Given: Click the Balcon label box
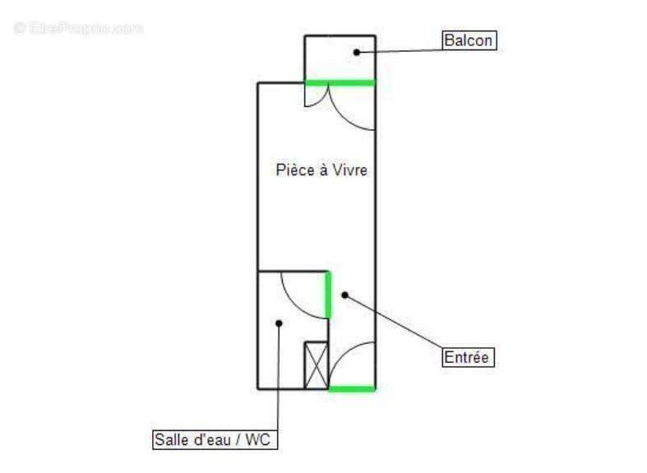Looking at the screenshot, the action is click(x=469, y=40).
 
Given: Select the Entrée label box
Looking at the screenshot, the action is click(x=468, y=357).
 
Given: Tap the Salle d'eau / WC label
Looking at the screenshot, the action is click(x=215, y=439).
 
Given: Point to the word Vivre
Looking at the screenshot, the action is click(x=350, y=170).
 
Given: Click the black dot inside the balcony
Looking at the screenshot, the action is click(x=357, y=53).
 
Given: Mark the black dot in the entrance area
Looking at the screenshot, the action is click(x=345, y=295).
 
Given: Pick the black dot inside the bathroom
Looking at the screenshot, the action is click(x=279, y=323).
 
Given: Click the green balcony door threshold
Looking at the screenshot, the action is click(x=340, y=83).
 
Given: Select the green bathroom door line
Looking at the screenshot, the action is click(x=329, y=294).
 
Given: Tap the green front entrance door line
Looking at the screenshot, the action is click(x=352, y=389).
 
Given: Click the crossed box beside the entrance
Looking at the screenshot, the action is click(x=317, y=365).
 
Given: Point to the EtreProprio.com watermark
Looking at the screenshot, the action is click(x=78, y=29).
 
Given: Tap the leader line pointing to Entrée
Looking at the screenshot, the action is click(x=394, y=322).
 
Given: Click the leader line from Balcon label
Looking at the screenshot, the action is click(x=400, y=51).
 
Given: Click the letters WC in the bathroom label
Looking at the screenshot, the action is click(x=258, y=439).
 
